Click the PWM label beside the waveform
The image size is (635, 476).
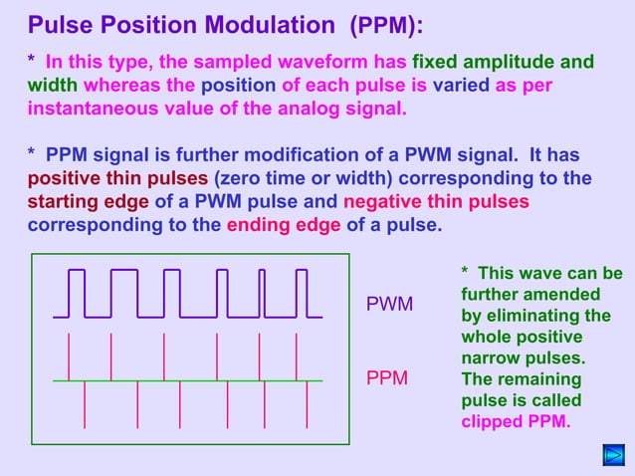[x=390, y=303]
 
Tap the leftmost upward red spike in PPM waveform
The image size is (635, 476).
[x=68, y=357]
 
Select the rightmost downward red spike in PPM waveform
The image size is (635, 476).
[x=307, y=404]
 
